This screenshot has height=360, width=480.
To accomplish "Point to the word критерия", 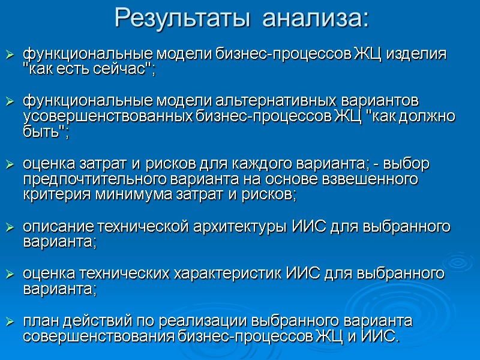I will coord(50,194).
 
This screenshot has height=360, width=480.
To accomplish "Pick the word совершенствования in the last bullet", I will coord(99,337).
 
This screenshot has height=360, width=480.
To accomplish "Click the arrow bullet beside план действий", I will coord(10,323).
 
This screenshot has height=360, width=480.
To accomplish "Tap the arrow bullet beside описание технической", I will coord(10,227).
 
